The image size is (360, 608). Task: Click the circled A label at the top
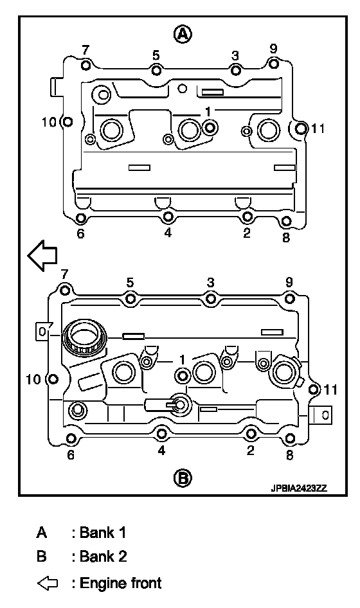click(182, 35)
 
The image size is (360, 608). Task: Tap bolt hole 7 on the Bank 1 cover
click(85, 64)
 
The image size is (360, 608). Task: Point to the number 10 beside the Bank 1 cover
click(50, 122)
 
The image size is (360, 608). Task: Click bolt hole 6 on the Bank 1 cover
click(80, 219)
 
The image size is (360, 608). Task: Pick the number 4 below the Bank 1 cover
click(168, 233)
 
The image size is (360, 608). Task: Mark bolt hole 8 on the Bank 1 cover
click(285, 221)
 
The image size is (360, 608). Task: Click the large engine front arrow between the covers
click(42, 255)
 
